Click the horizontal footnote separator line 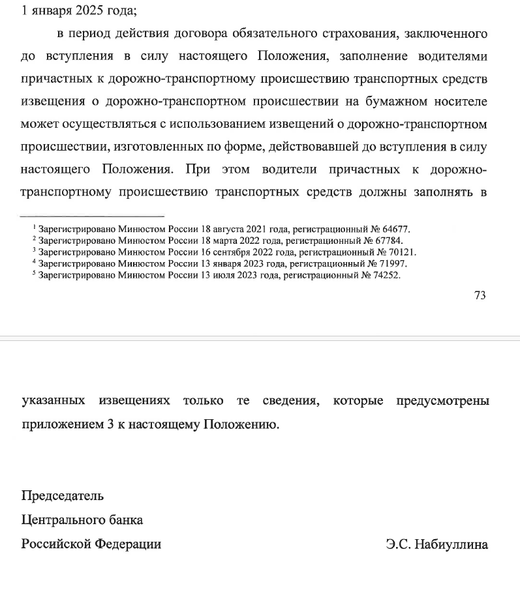click(92, 216)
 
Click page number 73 click(480, 295)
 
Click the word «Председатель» click(63, 495)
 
